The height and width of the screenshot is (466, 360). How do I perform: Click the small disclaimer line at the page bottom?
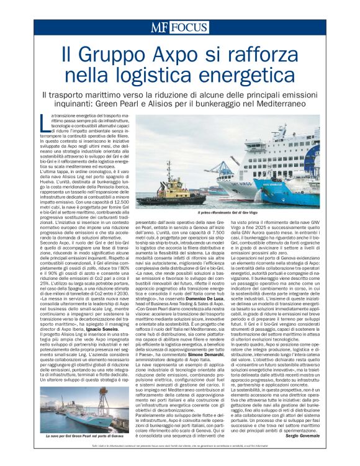(x=180, y=447)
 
